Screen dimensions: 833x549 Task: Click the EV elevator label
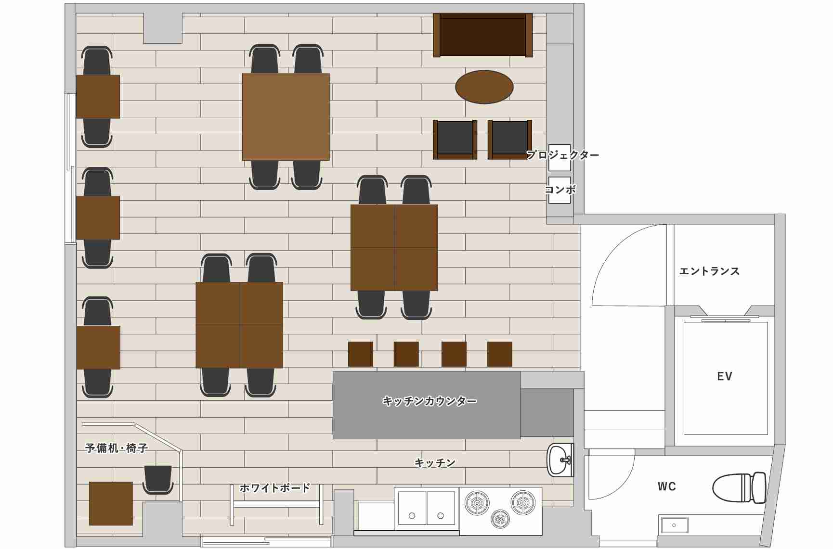tap(725, 376)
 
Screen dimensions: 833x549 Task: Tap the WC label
tap(667, 486)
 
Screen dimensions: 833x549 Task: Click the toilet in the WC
tap(739, 488)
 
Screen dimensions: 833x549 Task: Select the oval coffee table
tap(484, 87)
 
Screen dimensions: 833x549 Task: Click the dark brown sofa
tap(483, 35)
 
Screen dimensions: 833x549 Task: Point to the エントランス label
tap(709, 271)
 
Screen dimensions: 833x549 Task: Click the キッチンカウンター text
tap(430, 401)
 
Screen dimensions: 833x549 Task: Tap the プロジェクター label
tap(563, 155)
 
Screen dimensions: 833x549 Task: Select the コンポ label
tap(560, 190)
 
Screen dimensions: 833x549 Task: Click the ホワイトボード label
tap(275, 488)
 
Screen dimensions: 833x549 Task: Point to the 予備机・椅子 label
tap(117, 448)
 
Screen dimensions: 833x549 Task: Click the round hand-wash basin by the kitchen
tap(560, 460)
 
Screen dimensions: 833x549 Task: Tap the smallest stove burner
tap(500, 518)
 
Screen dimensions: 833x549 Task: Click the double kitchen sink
tap(427, 508)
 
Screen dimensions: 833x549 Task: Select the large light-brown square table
tap(286, 117)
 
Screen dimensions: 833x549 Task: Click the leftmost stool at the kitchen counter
tap(361, 354)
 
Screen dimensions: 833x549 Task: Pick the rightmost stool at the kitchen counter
tap(499, 354)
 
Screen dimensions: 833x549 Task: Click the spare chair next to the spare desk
tap(158, 479)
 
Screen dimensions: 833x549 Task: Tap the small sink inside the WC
tap(674, 524)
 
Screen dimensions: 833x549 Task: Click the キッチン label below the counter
tap(435, 463)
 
